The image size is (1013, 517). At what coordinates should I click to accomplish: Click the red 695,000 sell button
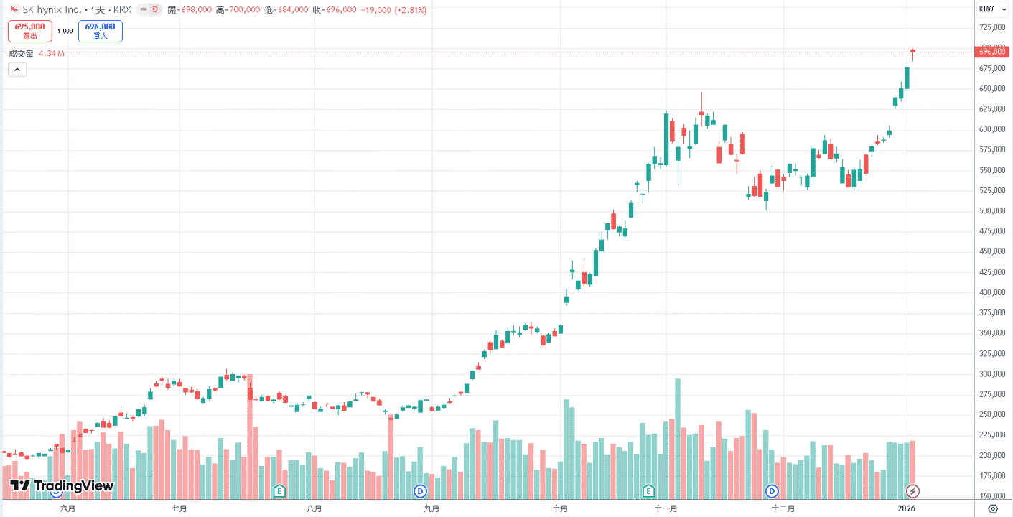click(30, 31)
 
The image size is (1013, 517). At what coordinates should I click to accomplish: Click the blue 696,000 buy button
click(101, 31)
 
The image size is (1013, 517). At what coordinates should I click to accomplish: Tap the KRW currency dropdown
click(992, 9)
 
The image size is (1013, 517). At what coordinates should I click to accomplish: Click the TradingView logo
click(62, 486)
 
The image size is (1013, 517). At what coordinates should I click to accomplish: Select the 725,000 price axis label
click(991, 27)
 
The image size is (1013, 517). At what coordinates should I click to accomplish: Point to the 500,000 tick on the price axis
click(991, 211)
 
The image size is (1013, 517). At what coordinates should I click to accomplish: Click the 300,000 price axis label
click(991, 374)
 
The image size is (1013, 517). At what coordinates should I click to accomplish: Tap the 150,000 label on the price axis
click(991, 495)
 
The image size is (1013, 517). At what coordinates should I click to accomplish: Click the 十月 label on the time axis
click(560, 509)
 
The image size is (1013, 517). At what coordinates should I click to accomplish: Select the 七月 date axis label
click(179, 509)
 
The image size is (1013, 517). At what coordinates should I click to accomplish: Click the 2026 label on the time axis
click(906, 509)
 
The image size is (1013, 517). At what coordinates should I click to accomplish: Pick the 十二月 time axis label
click(783, 509)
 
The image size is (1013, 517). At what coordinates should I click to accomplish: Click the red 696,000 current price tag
click(991, 52)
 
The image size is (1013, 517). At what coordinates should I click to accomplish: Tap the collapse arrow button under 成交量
click(17, 70)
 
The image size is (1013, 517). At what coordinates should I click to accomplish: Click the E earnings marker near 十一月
click(648, 490)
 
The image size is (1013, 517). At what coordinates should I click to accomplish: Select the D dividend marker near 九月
click(420, 490)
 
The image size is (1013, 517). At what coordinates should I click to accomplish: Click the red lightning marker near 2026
click(912, 490)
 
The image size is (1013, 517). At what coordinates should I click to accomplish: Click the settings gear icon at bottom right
click(993, 509)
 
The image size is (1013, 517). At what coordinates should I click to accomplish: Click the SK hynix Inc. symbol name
click(52, 9)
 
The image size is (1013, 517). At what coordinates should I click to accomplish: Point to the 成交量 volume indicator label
click(21, 54)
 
